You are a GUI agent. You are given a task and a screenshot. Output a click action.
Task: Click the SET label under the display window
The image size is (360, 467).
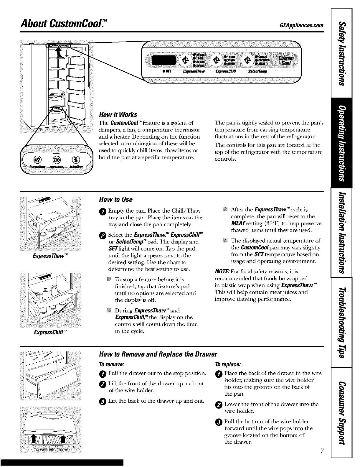click(168, 72)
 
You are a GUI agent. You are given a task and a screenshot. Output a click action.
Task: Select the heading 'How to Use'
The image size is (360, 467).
click(116, 200)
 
